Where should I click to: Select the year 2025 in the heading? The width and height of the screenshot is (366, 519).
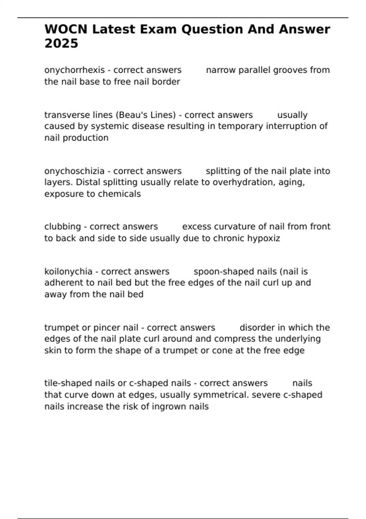click(x=61, y=44)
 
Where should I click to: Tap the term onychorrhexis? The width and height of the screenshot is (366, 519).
click(x=74, y=70)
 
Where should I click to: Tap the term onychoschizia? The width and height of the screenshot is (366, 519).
click(x=74, y=171)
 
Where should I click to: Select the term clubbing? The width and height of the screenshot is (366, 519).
click(x=63, y=227)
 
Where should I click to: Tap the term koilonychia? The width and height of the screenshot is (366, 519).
click(x=68, y=272)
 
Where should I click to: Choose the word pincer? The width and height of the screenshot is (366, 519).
click(x=106, y=328)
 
